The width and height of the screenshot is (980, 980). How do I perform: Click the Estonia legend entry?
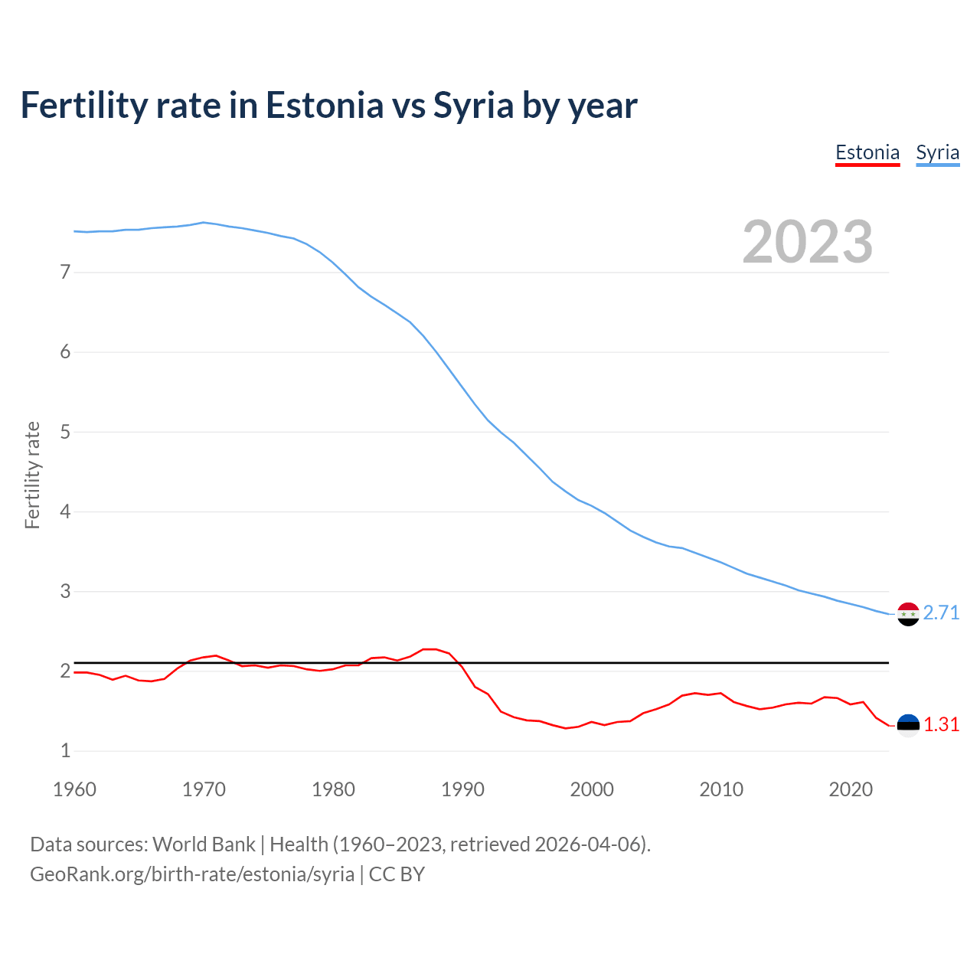click(867, 152)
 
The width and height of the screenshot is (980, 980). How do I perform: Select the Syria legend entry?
click(937, 152)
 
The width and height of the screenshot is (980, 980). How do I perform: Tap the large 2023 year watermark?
click(807, 242)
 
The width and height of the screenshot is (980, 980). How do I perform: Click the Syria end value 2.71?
click(941, 612)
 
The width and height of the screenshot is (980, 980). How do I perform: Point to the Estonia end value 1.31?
click(941, 724)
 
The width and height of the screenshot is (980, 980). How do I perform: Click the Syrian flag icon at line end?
click(908, 614)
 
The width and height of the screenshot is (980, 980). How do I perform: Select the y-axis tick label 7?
click(65, 272)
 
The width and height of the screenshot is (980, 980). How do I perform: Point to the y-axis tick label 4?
click(65, 511)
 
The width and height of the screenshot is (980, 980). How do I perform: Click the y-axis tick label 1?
click(65, 750)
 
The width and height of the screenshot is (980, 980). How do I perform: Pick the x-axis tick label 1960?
click(74, 789)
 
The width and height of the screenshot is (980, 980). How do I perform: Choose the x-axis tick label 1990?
click(462, 789)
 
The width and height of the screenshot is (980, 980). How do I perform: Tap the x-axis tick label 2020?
click(851, 789)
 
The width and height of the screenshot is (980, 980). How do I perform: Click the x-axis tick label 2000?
click(592, 789)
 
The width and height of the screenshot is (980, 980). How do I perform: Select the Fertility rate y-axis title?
click(32, 475)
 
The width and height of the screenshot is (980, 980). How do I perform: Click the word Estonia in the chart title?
click(324, 106)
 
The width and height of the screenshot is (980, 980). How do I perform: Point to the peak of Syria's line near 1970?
click(203, 222)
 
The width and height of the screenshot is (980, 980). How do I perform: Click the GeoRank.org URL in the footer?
click(192, 874)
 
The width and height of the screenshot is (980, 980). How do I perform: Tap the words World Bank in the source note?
click(204, 844)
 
